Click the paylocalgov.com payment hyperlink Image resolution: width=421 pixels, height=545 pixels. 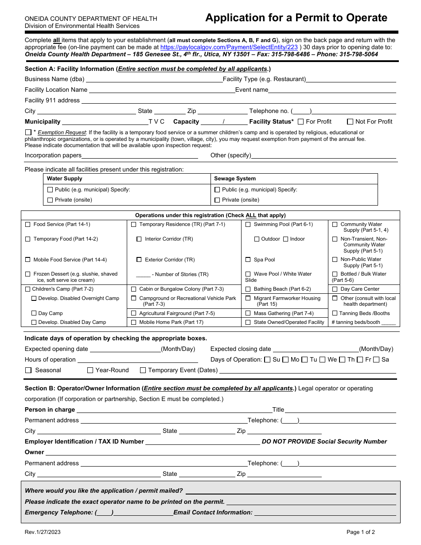tap(229, 47)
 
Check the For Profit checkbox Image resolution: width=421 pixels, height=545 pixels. tap(301, 121)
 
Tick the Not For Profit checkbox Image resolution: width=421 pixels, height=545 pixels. tap(350, 121)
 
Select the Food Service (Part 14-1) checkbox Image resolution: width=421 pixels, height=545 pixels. tap(28, 225)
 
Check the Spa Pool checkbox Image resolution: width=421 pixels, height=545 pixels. tap(248, 260)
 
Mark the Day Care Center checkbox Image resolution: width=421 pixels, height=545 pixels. tap(335, 289)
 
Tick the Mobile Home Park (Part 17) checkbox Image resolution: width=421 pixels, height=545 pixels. tap(134, 323)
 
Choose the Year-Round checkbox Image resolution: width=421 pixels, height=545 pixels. tap(90, 370)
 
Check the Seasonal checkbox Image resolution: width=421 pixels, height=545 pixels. tap(28, 370)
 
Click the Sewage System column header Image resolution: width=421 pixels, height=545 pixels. tap(235, 179)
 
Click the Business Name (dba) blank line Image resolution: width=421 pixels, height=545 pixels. tap(153, 79)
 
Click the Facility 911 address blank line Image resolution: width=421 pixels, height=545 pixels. tap(238, 101)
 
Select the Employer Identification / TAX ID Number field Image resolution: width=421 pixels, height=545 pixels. tap(203, 442)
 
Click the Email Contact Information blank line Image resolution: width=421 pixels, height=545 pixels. tap(325, 513)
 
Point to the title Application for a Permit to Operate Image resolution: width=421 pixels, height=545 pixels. tap(296, 18)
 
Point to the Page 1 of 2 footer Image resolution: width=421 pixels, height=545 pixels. tap(361, 532)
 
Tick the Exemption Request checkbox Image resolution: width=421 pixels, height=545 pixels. tap(28, 132)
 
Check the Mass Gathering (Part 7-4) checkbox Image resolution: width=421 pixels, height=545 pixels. tap(248, 313)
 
